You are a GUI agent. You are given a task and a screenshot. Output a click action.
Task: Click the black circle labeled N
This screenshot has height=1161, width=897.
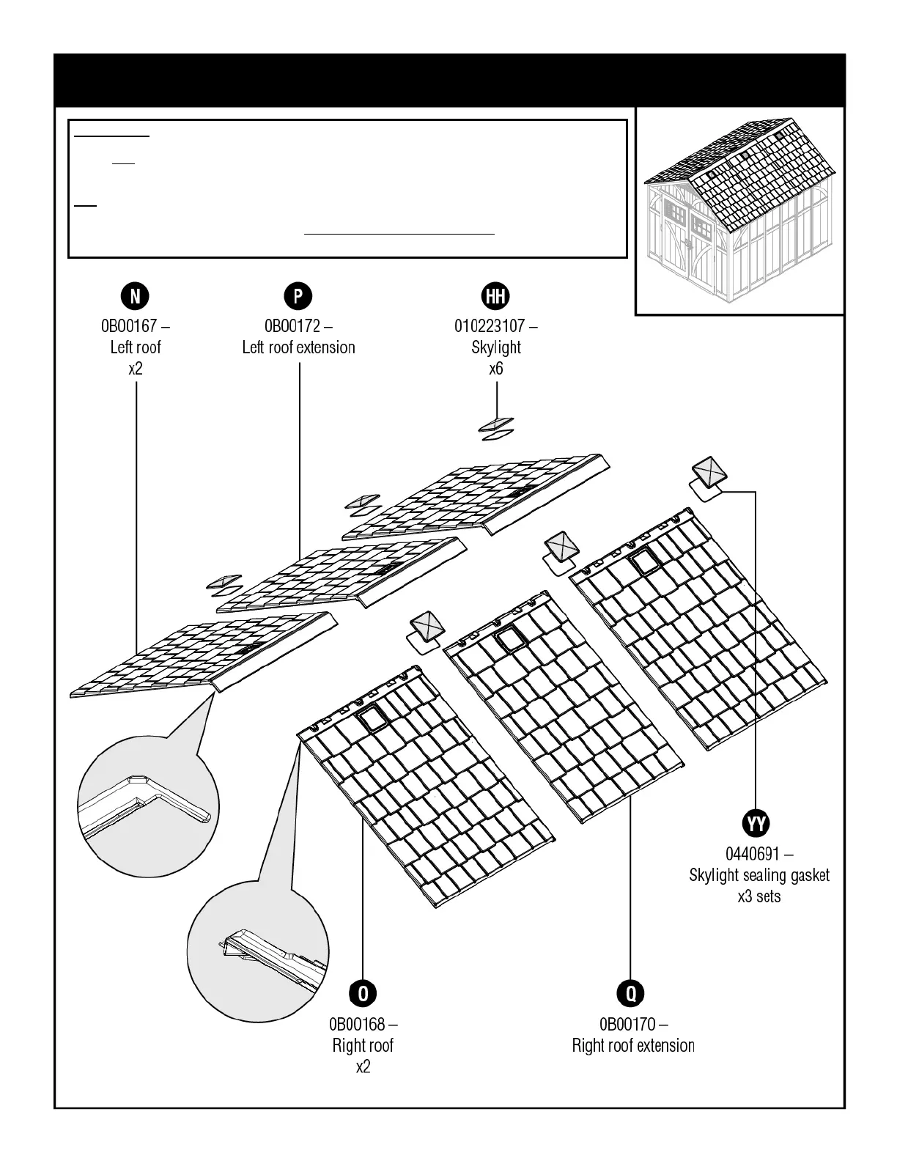[135, 296]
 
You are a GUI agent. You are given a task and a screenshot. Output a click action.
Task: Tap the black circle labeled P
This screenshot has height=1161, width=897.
[298, 296]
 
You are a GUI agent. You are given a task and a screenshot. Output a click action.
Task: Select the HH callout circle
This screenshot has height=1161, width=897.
[496, 296]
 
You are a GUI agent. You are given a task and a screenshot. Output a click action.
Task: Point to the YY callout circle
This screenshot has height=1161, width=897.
[756, 823]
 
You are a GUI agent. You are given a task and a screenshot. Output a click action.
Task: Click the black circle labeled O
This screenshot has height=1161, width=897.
[363, 994]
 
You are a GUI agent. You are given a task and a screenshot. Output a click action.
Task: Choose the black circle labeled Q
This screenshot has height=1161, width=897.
[631, 994]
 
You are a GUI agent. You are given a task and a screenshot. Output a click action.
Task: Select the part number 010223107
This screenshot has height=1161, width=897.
[490, 325]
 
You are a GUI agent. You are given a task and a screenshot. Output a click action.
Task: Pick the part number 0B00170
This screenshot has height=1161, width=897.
[627, 1024]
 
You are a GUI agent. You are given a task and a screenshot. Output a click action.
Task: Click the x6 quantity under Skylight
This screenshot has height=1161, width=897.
[496, 368]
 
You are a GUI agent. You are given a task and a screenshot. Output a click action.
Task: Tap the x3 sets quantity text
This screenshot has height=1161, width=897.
[759, 896]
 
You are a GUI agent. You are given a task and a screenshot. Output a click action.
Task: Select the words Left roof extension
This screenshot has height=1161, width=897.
[298, 347]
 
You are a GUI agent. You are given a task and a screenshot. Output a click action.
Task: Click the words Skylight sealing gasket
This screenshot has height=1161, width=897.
[759, 875]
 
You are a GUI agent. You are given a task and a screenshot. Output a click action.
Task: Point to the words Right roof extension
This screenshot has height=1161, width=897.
[633, 1045]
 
